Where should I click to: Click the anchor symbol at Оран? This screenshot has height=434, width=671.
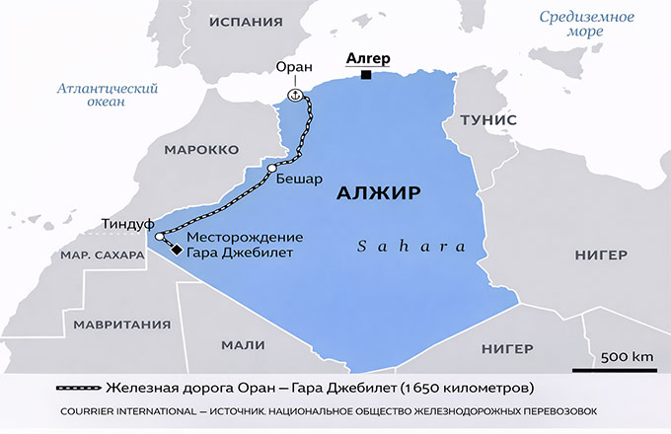[293, 94]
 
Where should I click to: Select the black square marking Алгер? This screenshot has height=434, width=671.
[366, 75]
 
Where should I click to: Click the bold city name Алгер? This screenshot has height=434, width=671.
[367, 58]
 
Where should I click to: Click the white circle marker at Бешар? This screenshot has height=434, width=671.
[271, 170]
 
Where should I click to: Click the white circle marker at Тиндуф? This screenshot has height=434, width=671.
[160, 237]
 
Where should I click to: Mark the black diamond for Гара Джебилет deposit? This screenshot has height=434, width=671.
[177, 251]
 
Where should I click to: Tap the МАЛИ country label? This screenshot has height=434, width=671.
[244, 344]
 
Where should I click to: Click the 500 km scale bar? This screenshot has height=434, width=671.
[626, 366]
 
